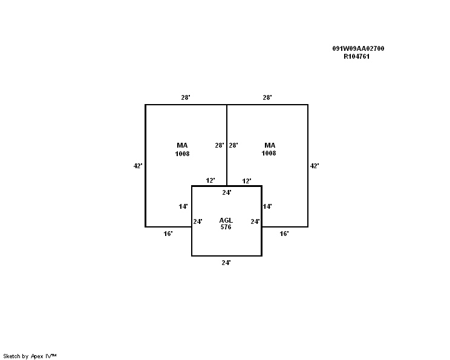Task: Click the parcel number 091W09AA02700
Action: pyautogui.click(x=358, y=48)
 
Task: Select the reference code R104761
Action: pyautogui.click(x=356, y=56)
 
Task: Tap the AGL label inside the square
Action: pyautogui.click(x=226, y=220)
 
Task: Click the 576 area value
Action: pyautogui.click(x=226, y=227)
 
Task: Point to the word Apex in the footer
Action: pyautogui.click(x=37, y=356)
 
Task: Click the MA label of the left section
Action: pyautogui.click(x=182, y=145)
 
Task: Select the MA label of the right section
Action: pyautogui.click(x=270, y=145)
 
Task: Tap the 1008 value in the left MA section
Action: pyautogui.click(x=182, y=154)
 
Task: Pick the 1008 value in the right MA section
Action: pyautogui.click(x=269, y=153)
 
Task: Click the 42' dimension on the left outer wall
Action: pyautogui.click(x=138, y=166)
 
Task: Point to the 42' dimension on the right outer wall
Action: pyautogui.click(x=315, y=166)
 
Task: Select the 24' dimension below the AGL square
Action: pyautogui.click(x=226, y=263)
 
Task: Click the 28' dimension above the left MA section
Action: pyautogui.click(x=186, y=97)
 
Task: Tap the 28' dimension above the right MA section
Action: pyautogui.click(x=267, y=97)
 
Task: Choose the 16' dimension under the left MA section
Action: pyautogui.click(x=168, y=234)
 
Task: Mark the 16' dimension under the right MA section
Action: pyautogui.click(x=284, y=234)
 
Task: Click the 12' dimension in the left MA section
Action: pyautogui.click(x=210, y=180)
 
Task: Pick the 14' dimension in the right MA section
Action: pyautogui.click(x=267, y=206)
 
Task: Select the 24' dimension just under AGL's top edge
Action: pyautogui.click(x=227, y=192)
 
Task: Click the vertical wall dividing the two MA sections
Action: pyautogui.click(x=227, y=145)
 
